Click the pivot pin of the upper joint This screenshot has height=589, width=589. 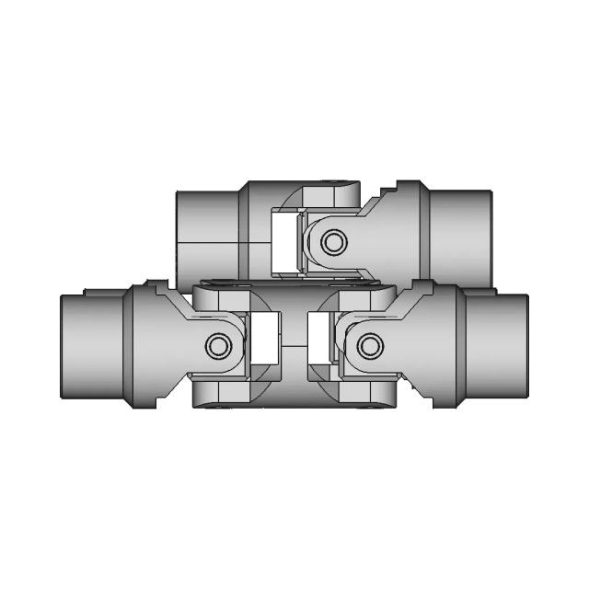(332, 241)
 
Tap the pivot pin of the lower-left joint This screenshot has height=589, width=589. (218, 346)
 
